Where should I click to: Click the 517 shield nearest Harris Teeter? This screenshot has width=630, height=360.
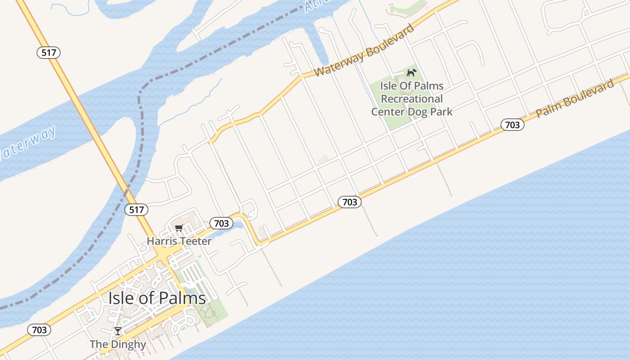tap(136, 210)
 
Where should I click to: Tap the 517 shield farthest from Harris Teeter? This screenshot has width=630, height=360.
tap(49, 53)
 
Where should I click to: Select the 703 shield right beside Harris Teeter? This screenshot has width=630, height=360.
tap(221, 223)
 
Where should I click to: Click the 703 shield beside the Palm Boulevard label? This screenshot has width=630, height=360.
tap(512, 125)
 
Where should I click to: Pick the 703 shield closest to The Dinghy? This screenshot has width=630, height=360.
tap(39, 330)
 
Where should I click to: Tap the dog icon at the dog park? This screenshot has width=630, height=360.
tap(411, 72)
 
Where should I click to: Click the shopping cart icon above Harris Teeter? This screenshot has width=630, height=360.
tap(179, 228)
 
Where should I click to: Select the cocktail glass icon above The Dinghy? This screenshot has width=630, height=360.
tap(118, 331)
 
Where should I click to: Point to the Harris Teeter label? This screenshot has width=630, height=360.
tap(179, 241)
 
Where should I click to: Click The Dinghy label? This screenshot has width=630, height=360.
tap(118, 344)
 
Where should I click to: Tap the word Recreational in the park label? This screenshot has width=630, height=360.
tap(412, 99)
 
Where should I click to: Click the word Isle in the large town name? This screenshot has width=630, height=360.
tap(122, 298)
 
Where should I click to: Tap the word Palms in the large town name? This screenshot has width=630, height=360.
tap(184, 298)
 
